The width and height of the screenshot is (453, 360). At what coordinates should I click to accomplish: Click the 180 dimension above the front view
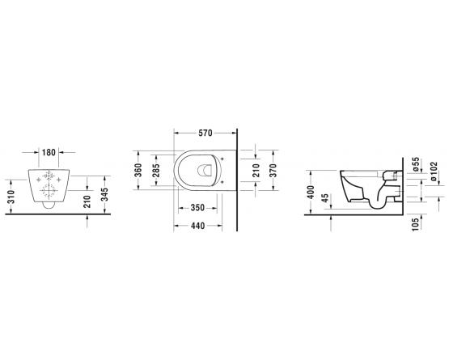[x=49, y=151]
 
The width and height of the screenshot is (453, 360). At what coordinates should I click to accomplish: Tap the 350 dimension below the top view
[x=197, y=208]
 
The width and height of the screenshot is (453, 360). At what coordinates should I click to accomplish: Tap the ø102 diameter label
[x=436, y=170]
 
